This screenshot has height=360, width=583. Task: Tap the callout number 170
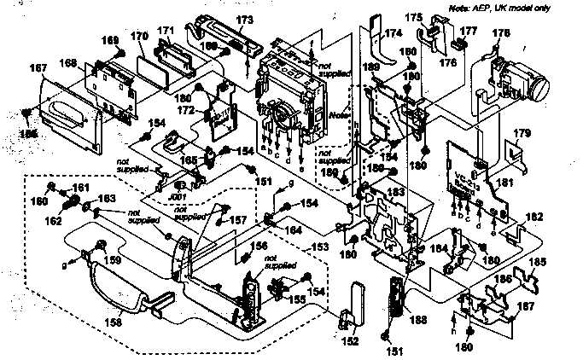tap(140, 37)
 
